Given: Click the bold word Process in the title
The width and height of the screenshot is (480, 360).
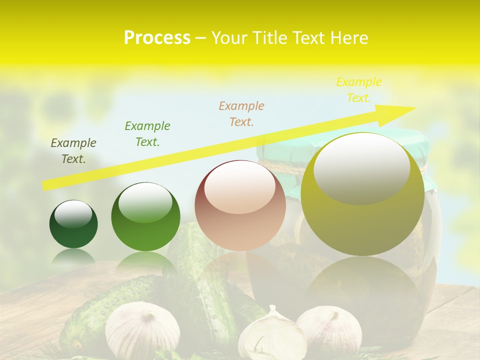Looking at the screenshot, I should [x=157, y=38].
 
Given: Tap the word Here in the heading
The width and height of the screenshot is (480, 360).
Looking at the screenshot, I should [x=349, y=38].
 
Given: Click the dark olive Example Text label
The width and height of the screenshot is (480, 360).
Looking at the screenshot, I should [x=73, y=151].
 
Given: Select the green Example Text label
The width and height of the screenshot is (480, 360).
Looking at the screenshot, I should [x=147, y=133].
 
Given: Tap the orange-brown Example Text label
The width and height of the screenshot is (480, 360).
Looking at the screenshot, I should [x=241, y=113].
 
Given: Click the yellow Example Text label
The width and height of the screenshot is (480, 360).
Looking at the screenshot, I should [x=358, y=89].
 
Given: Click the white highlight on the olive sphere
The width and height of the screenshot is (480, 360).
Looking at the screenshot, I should [x=362, y=167].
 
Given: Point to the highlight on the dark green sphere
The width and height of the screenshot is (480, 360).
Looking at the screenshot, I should [x=73, y=214].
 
